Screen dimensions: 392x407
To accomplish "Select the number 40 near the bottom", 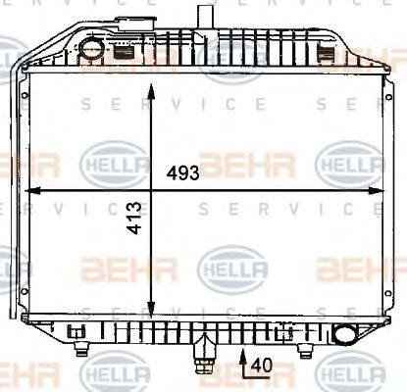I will coord(260,365).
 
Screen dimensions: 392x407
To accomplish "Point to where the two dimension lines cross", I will coord(150,188).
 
